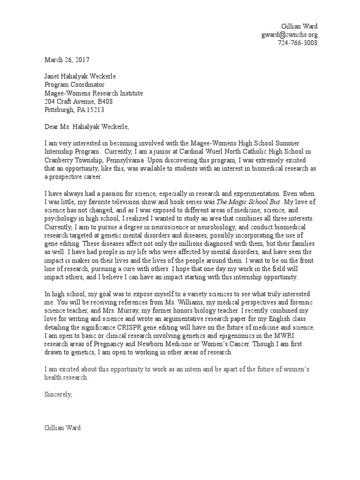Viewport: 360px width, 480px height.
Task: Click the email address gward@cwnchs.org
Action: (x=290, y=35)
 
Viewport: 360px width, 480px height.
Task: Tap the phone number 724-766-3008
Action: (x=298, y=43)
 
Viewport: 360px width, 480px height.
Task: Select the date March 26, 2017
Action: (x=67, y=60)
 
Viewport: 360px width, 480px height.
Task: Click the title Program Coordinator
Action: (x=75, y=85)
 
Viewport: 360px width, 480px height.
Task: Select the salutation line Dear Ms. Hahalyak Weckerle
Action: (x=86, y=127)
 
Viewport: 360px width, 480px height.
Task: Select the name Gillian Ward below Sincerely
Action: (x=63, y=427)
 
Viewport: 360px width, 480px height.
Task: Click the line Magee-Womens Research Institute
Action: (x=94, y=93)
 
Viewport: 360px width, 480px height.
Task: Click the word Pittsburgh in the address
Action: (x=59, y=110)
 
